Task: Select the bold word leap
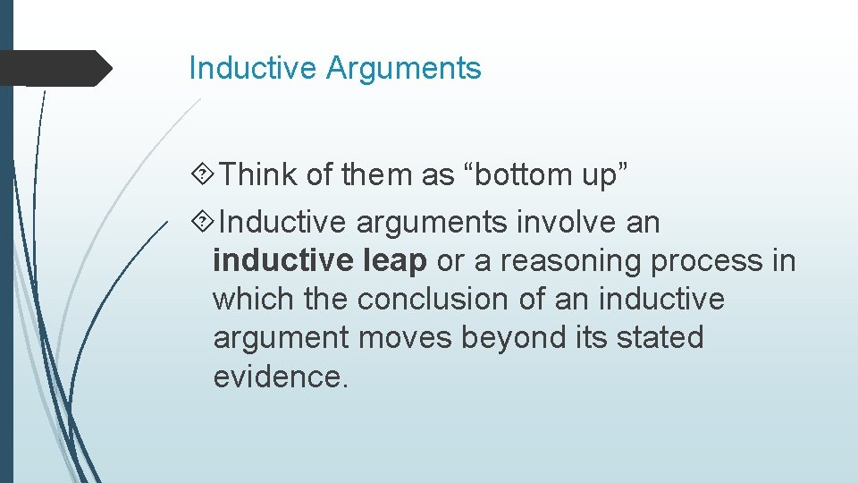coord(396,260)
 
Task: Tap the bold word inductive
coord(282,260)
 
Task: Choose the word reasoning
coord(572,260)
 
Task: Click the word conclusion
coord(440,299)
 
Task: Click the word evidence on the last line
coord(278,377)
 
